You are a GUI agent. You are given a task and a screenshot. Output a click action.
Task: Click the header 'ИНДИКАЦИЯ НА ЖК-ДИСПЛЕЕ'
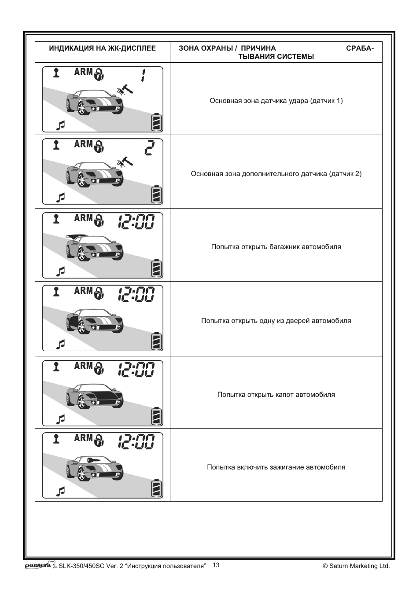(102, 48)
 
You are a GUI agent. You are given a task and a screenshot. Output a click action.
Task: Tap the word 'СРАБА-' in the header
(360, 48)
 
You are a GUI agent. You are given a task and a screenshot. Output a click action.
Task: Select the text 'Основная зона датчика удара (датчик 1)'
(276, 101)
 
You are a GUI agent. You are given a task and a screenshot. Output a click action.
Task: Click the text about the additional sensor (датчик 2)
(276, 174)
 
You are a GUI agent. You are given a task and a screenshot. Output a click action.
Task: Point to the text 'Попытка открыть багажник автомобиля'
(276, 247)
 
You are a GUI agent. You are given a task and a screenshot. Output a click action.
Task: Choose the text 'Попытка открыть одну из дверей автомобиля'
(276, 321)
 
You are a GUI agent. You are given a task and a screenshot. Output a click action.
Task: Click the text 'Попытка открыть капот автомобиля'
(276, 395)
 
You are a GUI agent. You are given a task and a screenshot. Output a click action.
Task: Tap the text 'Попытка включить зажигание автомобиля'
(276, 467)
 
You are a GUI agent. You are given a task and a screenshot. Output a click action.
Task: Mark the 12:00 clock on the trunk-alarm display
(136, 221)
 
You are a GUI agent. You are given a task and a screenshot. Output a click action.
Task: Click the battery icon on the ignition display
(157, 488)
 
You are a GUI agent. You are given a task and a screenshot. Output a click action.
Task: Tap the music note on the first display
(61, 125)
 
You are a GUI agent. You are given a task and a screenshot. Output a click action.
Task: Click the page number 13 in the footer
(216, 565)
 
